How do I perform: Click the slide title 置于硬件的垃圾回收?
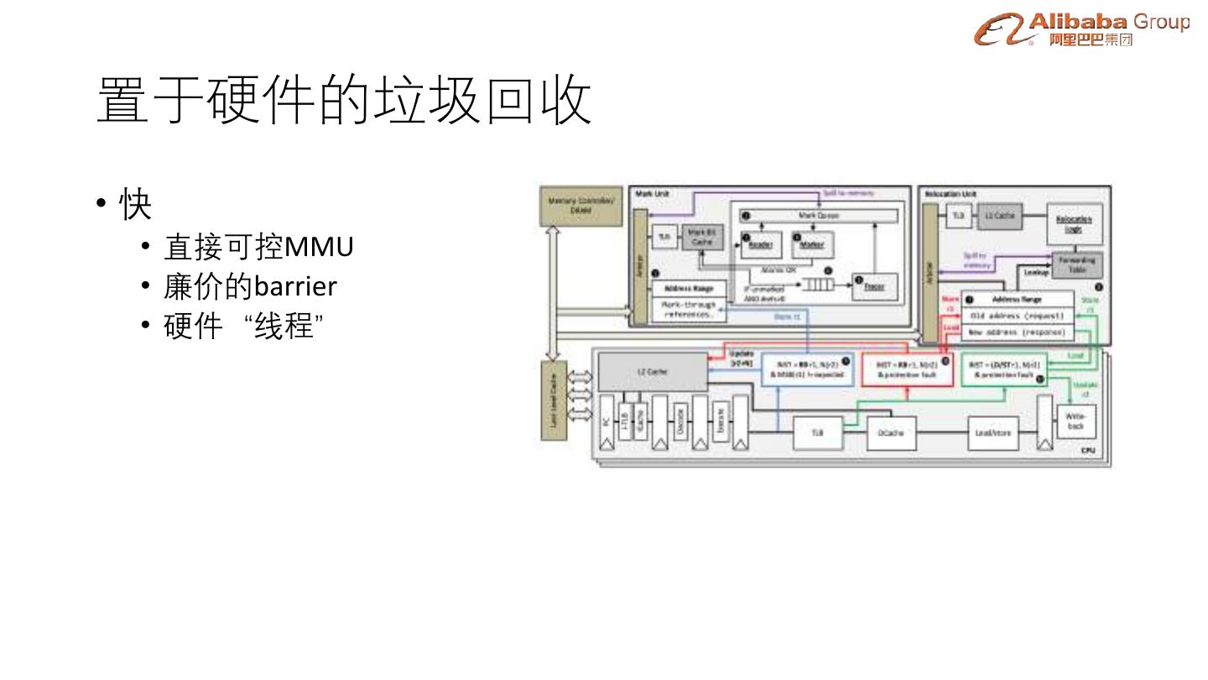344,102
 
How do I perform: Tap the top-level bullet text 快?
135,204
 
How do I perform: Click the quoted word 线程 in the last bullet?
284,326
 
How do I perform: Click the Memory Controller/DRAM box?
580,206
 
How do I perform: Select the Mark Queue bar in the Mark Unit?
818,216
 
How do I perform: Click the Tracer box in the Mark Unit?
874,285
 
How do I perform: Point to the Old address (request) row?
1017,316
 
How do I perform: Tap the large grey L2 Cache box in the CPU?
652,371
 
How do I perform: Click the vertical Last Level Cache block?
553,399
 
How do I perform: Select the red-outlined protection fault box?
908,369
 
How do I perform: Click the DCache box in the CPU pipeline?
890,433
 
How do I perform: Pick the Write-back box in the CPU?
1075,421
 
